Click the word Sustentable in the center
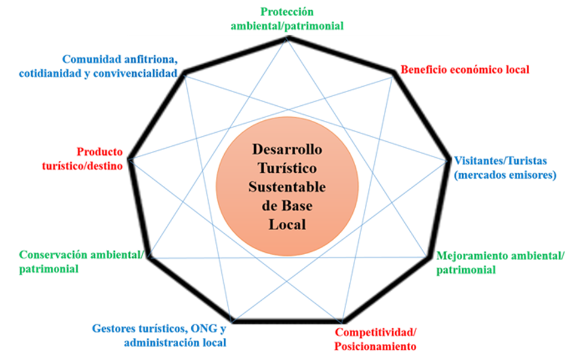click(287, 187)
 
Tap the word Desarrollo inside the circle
click(287, 148)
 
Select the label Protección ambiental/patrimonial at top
click(287, 19)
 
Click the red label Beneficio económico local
click(465, 69)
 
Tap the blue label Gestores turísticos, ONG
click(159, 335)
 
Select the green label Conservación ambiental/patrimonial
click(81, 262)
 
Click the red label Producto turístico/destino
click(83, 158)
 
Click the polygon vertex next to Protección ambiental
click(288, 36)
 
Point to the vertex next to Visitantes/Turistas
click(450, 160)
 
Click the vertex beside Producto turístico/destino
click(128, 160)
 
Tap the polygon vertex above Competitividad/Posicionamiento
click(343, 322)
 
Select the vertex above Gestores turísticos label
click(232, 322)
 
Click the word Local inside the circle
click(287, 225)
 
